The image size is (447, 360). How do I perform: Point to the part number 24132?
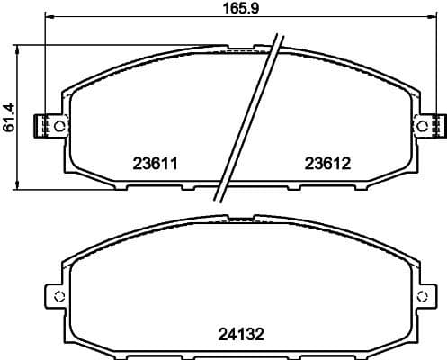242,334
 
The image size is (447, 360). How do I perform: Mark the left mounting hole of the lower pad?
58,298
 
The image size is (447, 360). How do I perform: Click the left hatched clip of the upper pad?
40,126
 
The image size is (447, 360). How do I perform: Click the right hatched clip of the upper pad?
439,126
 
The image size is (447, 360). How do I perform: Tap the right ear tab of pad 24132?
426,298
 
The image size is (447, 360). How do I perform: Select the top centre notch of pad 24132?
240,218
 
